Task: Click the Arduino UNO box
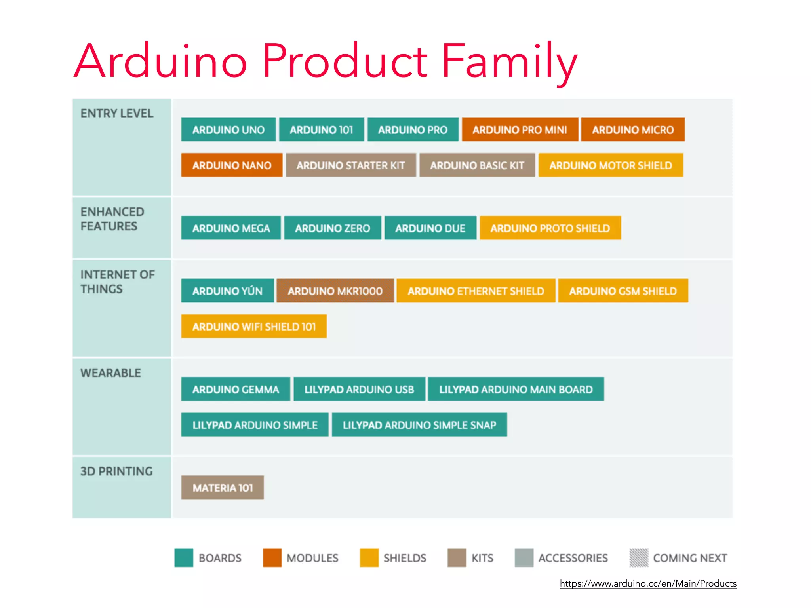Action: tap(228, 129)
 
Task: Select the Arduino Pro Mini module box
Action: tap(520, 129)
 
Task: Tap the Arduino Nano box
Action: tap(232, 165)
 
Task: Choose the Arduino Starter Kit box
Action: tap(350, 165)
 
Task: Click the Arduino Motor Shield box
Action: tap(610, 165)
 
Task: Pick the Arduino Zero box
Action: tap(332, 228)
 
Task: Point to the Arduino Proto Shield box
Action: tap(550, 228)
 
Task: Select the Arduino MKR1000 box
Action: tap(335, 291)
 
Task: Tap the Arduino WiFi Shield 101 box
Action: tap(254, 327)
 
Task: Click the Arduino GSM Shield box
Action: tap(623, 291)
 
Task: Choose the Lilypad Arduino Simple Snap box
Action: tap(419, 425)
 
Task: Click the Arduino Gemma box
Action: tap(235, 389)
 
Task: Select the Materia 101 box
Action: tap(223, 488)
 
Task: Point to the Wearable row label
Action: tap(110, 373)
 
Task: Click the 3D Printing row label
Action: tap(116, 471)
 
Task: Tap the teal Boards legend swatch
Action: tap(184, 558)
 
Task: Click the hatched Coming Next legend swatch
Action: tap(639, 558)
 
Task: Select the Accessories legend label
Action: tap(573, 558)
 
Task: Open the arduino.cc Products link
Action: tap(648, 583)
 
